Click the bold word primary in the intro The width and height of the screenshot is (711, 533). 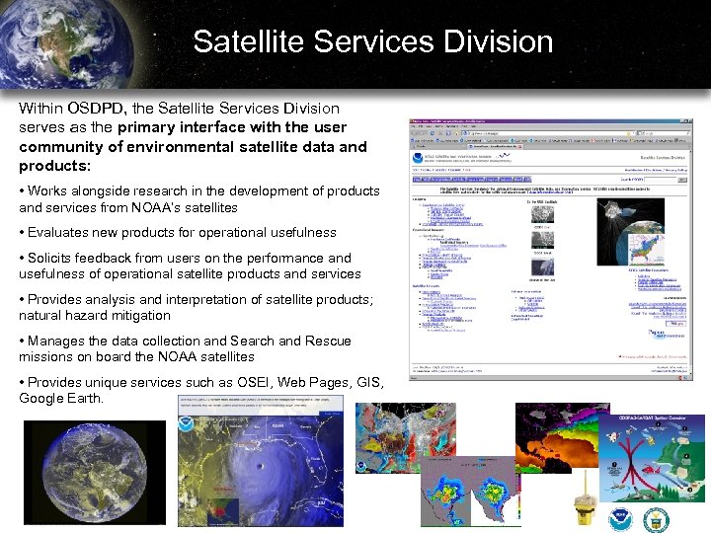point(148,127)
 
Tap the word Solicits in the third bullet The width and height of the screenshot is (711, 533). point(54,258)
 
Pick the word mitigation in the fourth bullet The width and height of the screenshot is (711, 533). point(137,316)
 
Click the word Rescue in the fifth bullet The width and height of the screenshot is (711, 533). point(329,341)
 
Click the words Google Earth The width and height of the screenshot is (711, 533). point(60,398)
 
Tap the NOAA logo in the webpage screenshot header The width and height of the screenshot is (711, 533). point(419,154)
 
